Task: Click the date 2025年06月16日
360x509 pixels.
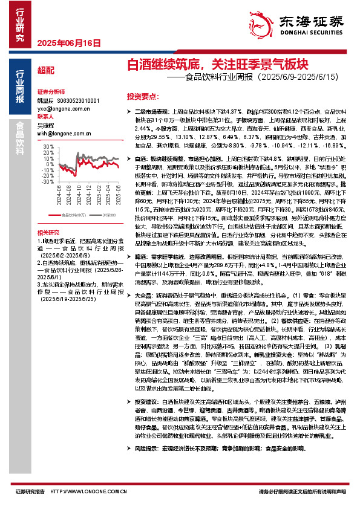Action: click(68, 43)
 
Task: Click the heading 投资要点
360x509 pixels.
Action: click(142, 96)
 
